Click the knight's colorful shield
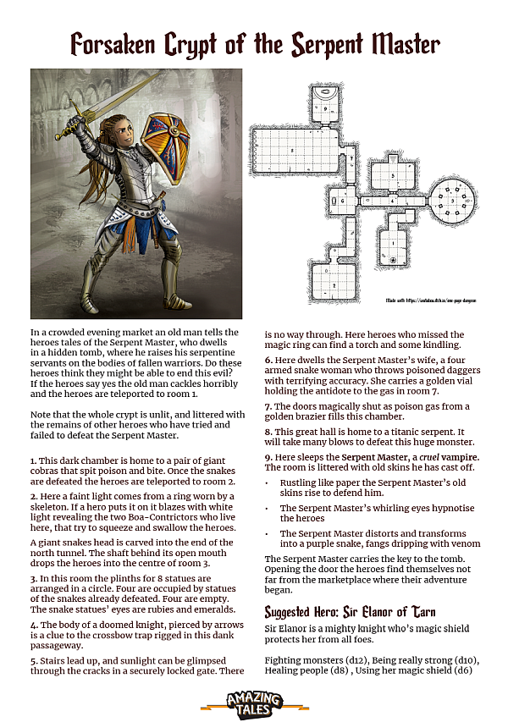point(166,139)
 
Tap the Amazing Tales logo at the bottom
point(254,701)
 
